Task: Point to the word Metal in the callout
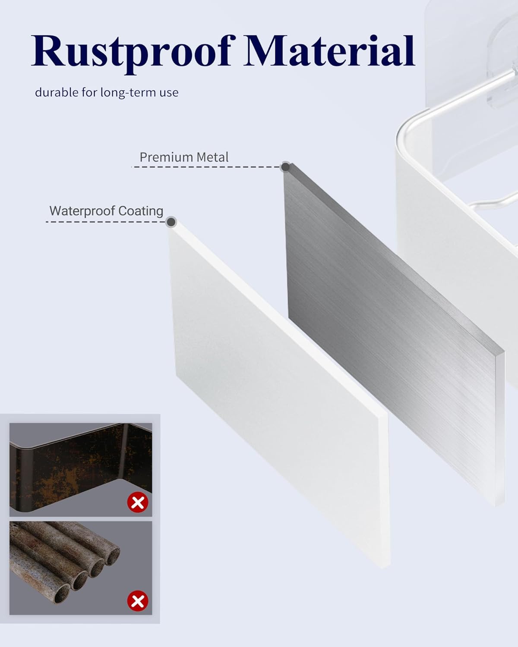tap(212, 157)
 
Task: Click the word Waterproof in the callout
tap(82, 211)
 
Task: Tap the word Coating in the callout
tap(141, 211)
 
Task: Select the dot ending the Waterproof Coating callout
tap(171, 222)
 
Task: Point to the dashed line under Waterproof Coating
tap(106, 222)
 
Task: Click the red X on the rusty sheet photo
tap(138, 503)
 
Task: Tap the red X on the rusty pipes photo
tap(138, 601)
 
